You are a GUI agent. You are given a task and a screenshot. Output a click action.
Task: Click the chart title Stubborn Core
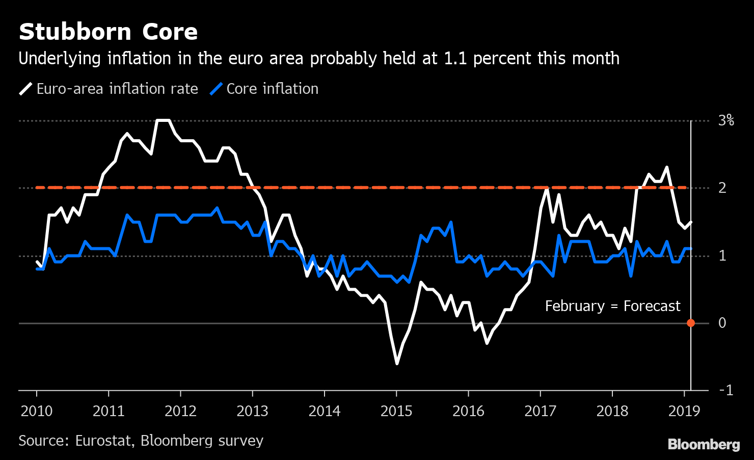tap(108, 32)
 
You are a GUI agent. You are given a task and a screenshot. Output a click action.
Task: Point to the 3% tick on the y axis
tap(725, 121)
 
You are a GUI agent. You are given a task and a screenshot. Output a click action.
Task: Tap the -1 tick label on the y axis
tap(725, 390)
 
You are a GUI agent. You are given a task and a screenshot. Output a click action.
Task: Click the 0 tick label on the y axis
tap(722, 323)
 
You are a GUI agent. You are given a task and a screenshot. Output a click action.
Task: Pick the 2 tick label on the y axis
tap(722, 188)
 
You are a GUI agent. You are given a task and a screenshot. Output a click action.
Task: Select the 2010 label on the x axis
tap(37, 411)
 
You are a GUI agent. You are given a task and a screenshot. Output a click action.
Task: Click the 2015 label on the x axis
tap(396, 411)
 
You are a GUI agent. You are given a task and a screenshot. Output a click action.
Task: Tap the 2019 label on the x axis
tap(684, 411)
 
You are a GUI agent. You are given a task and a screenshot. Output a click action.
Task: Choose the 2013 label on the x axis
tap(252, 411)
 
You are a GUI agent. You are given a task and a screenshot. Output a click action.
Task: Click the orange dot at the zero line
tap(691, 323)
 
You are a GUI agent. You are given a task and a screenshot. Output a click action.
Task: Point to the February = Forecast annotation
tap(612, 306)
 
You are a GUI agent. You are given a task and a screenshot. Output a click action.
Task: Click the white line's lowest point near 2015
tap(397, 363)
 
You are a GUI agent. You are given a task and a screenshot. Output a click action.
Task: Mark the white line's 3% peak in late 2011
tap(163, 121)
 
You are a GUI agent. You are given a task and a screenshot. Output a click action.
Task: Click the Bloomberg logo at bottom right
tap(704, 444)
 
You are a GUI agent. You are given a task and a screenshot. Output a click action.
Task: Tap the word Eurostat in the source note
tap(103, 441)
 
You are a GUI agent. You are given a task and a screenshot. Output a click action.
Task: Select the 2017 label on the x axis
tap(540, 411)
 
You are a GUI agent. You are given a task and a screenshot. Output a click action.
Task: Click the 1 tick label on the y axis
tap(722, 255)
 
